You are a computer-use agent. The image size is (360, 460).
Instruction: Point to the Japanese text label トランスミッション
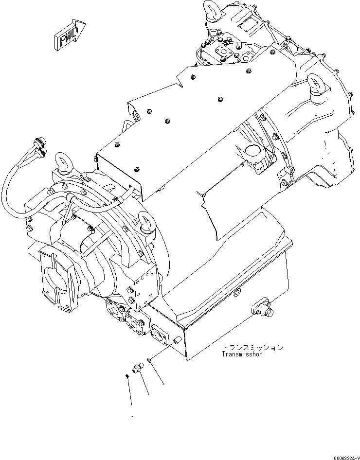(x=252, y=348)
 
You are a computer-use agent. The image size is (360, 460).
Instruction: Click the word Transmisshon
(x=242, y=354)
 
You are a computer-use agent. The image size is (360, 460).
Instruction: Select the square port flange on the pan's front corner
(x=159, y=334)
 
